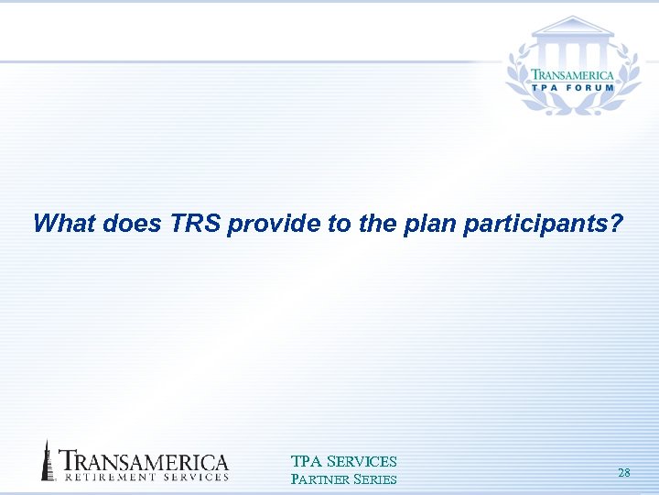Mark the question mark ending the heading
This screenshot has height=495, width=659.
(616, 224)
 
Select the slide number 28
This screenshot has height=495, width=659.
(623, 472)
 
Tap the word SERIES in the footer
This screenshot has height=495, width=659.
(374, 478)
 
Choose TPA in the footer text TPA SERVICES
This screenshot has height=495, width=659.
(305, 461)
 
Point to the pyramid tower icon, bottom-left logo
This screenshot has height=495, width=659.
(47, 460)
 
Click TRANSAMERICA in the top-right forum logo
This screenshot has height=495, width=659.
(573, 75)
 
